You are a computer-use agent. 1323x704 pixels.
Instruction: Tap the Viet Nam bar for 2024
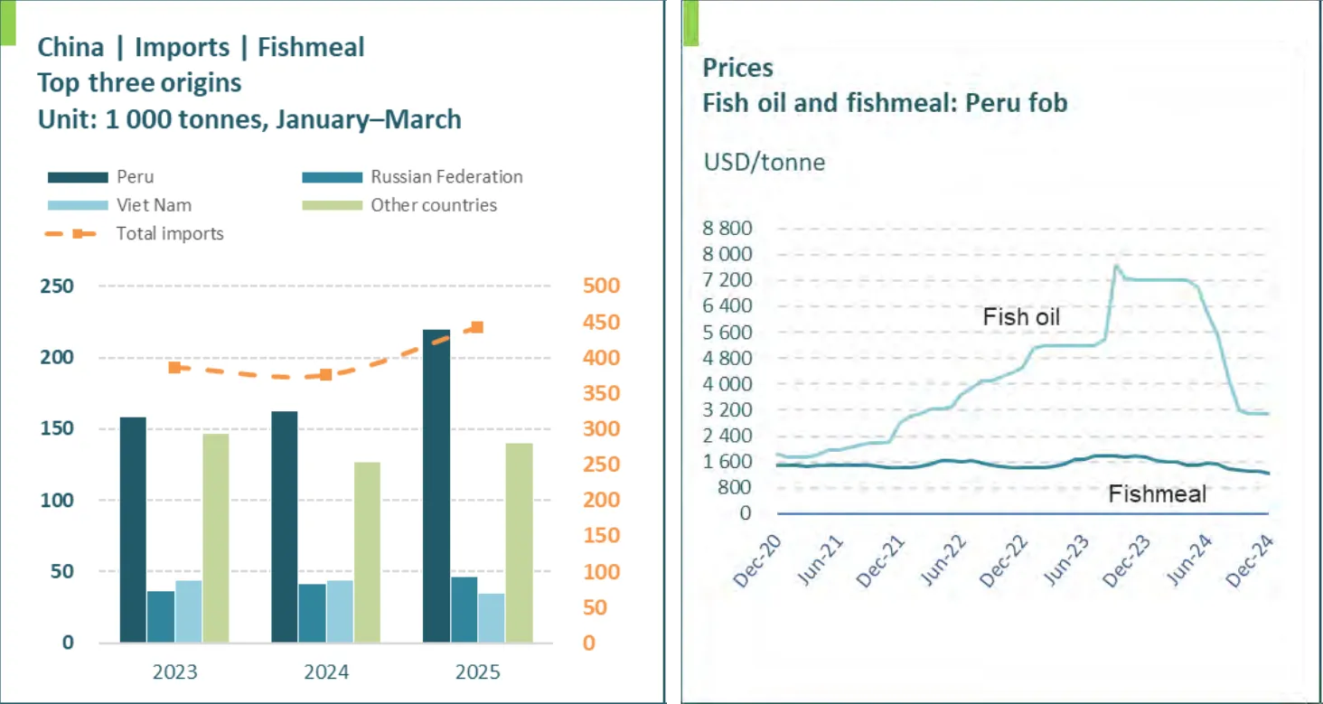340,611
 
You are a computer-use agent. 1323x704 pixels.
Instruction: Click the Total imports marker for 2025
477,327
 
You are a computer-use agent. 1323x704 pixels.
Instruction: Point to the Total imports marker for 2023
174,367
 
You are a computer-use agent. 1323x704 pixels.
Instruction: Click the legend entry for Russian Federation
446,177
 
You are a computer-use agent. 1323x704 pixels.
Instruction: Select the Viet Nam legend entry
154,205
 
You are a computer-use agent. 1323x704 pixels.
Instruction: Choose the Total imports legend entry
169,234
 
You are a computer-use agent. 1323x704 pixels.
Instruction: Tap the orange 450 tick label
601,323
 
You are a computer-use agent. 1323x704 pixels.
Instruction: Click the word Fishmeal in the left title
311,47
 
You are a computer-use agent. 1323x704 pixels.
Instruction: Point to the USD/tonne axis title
764,163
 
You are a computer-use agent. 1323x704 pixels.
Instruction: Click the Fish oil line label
1021,317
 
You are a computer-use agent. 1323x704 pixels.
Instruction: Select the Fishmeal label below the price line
1157,494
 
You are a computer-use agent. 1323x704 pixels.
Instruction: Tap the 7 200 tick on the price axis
726,280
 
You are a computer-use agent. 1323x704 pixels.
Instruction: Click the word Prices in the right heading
737,68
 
